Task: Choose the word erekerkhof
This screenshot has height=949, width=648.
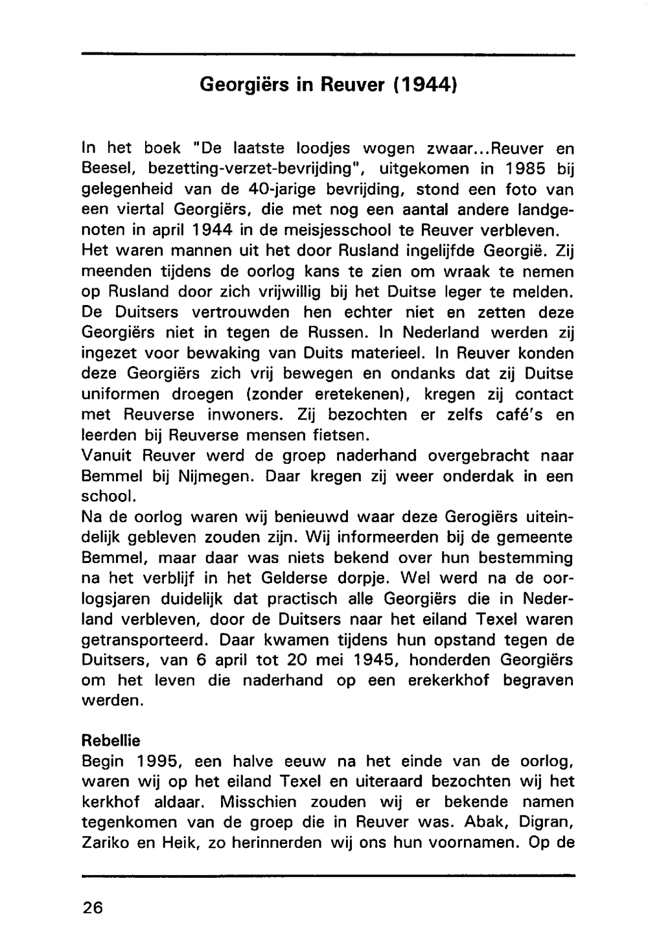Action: tap(448, 681)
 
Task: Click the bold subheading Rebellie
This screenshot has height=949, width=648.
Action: tap(111, 740)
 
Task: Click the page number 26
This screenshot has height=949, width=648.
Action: tap(93, 908)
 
